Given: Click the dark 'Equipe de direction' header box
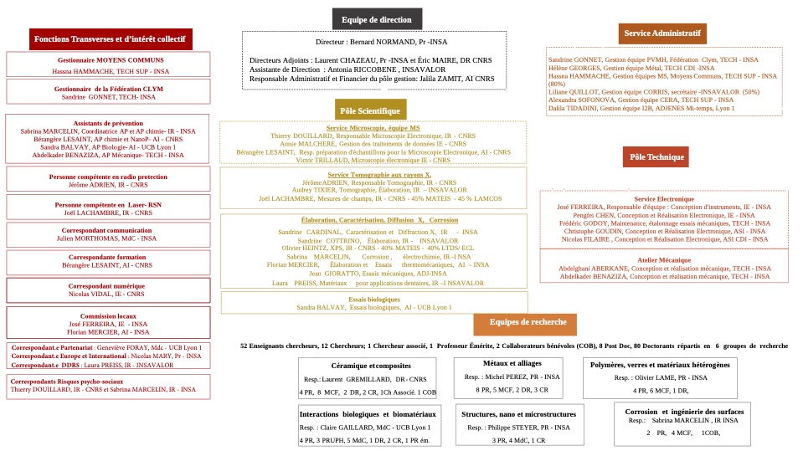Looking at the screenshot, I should point(377,19).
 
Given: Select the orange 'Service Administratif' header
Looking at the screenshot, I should point(661,33).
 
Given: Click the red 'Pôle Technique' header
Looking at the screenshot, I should point(656,156).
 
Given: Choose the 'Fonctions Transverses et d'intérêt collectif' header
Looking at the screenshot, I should point(111,39).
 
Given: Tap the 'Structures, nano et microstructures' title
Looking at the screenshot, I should point(518,414).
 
